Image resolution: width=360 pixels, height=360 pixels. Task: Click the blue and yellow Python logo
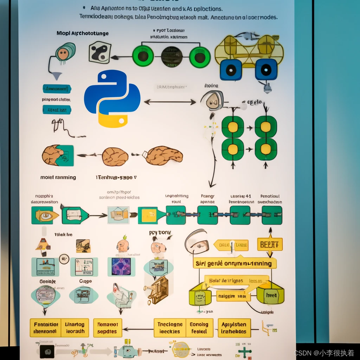[112, 98]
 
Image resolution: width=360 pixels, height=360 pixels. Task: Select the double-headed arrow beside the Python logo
[170, 102]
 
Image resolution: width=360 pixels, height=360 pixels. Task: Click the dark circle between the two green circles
[172, 57]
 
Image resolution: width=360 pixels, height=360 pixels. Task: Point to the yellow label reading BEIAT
[270, 244]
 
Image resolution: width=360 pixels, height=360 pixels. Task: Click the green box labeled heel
[271, 295]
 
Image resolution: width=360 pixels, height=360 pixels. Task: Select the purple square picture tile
[121, 266]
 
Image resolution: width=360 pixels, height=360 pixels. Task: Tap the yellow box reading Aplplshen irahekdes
[234, 328]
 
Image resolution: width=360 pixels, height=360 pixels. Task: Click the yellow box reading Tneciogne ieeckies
[169, 328]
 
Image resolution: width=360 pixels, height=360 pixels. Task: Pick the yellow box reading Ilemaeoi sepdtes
[108, 328]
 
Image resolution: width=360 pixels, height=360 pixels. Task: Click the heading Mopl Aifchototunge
[83, 33]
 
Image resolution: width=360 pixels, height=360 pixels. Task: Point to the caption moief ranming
[58, 177]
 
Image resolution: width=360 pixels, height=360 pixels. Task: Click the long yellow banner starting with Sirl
[234, 263]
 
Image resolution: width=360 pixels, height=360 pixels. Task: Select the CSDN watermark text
[324, 353]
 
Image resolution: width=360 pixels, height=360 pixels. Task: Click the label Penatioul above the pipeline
[270, 196]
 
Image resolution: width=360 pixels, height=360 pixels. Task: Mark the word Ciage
[85, 281]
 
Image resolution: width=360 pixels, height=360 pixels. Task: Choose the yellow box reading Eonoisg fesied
[199, 328]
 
